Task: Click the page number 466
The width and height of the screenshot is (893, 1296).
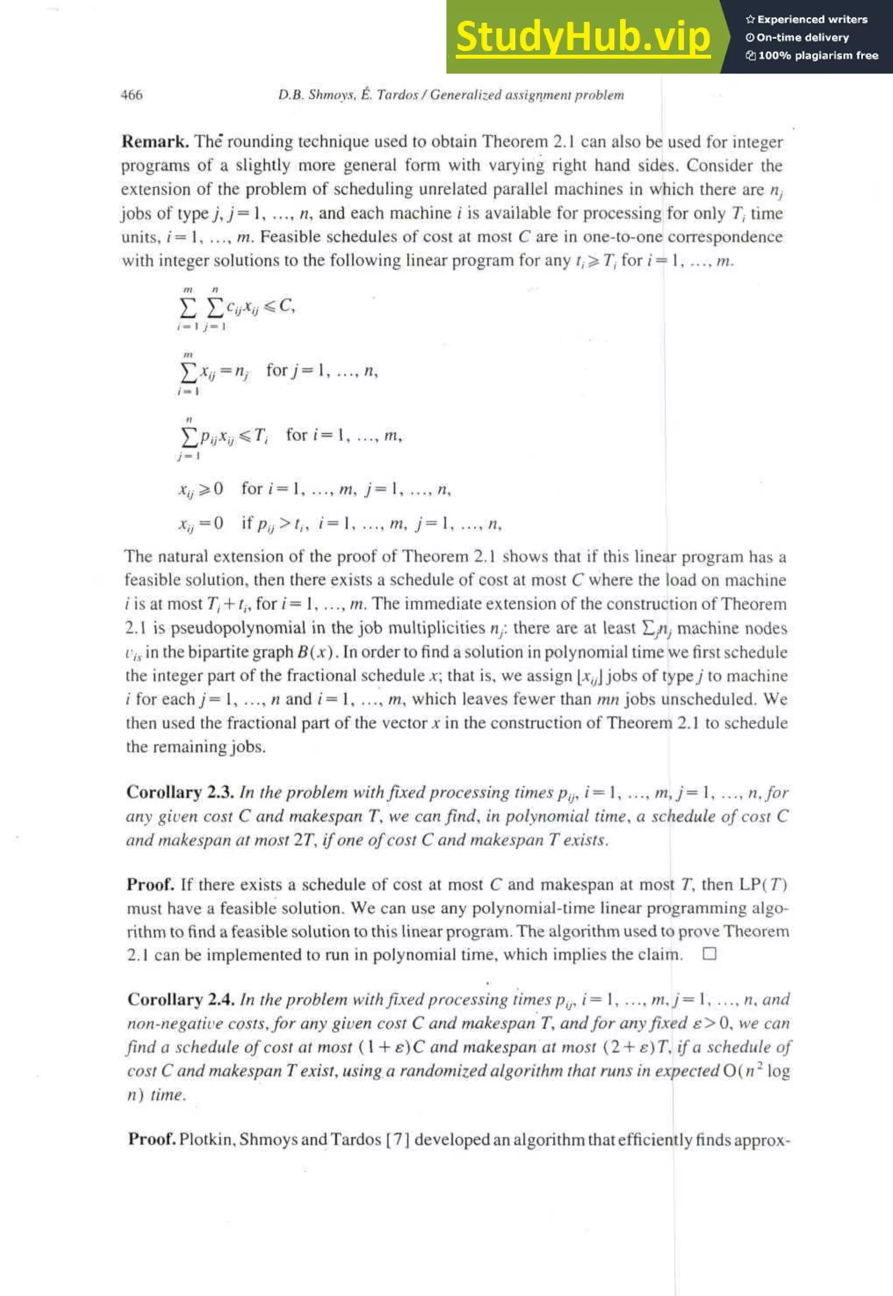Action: click(x=132, y=95)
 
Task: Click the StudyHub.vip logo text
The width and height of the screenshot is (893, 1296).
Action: click(x=583, y=37)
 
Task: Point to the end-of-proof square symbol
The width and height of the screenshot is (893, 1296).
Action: click(x=709, y=954)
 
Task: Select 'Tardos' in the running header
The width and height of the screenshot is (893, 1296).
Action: click(x=397, y=95)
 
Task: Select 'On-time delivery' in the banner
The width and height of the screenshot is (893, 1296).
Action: click(x=802, y=38)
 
